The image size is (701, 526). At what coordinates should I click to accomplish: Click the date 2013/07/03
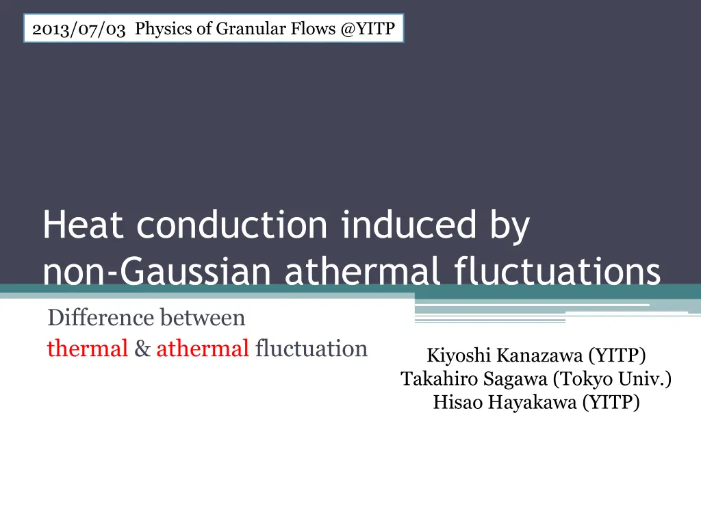point(79,29)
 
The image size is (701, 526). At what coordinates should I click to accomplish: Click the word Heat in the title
point(83,225)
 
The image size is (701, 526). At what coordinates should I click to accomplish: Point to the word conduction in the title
point(232,225)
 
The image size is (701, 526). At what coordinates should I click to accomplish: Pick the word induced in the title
point(409,225)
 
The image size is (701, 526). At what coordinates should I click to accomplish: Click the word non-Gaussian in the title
point(157,271)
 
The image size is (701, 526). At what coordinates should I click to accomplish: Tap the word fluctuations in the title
point(557,271)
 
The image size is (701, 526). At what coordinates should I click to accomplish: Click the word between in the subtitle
point(203,318)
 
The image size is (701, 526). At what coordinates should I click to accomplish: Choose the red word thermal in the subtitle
point(88,349)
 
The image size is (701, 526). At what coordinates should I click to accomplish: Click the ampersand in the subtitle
point(142,349)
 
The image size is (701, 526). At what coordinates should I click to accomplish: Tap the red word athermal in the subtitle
point(203,349)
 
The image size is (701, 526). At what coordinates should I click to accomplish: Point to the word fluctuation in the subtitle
point(311,349)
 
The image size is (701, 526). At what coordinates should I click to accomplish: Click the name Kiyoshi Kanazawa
point(505,355)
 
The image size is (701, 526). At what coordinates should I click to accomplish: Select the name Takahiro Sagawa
point(474,379)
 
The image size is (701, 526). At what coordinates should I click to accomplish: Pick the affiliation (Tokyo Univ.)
point(613,379)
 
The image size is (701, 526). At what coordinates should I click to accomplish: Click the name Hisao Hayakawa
point(505,402)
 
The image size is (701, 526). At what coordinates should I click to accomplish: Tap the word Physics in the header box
point(164,29)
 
